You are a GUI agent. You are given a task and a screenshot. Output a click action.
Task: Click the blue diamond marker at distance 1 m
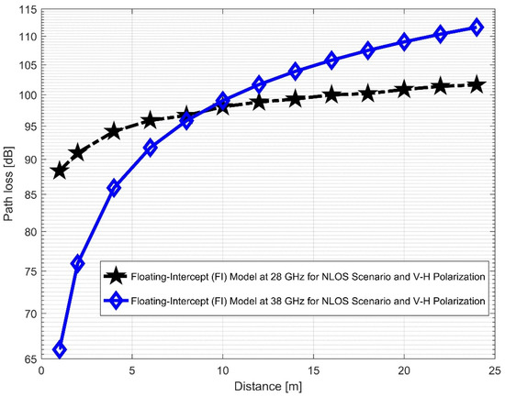(x=60, y=349)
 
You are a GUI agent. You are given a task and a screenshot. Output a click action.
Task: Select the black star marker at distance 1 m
(x=60, y=171)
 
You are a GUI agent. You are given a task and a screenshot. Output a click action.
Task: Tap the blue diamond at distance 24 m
(x=476, y=28)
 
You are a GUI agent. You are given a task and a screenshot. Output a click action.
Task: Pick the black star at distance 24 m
(x=476, y=84)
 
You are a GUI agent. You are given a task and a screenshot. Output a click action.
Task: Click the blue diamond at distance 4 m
(x=114, y=187)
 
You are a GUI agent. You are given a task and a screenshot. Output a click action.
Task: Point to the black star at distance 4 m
(x=114, y=131)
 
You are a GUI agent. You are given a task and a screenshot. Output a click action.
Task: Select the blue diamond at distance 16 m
(x=331, y=61)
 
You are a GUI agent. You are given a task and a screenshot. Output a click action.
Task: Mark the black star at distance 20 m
(x=403, y=89)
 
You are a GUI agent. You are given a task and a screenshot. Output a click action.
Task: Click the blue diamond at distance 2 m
(x=78, y=263)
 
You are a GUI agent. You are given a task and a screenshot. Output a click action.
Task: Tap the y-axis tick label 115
(x=28, y=9)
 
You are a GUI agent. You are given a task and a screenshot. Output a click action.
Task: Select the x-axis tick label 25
(x=494, y=372)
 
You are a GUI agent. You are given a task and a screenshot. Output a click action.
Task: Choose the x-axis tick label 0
(x=42, y=372)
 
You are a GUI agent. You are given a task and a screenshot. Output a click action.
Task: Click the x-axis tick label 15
(x=313, y=372)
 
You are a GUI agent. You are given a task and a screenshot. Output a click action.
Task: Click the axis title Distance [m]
(x=267, y=388)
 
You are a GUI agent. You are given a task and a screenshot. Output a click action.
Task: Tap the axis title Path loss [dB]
(x=10, y=183)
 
